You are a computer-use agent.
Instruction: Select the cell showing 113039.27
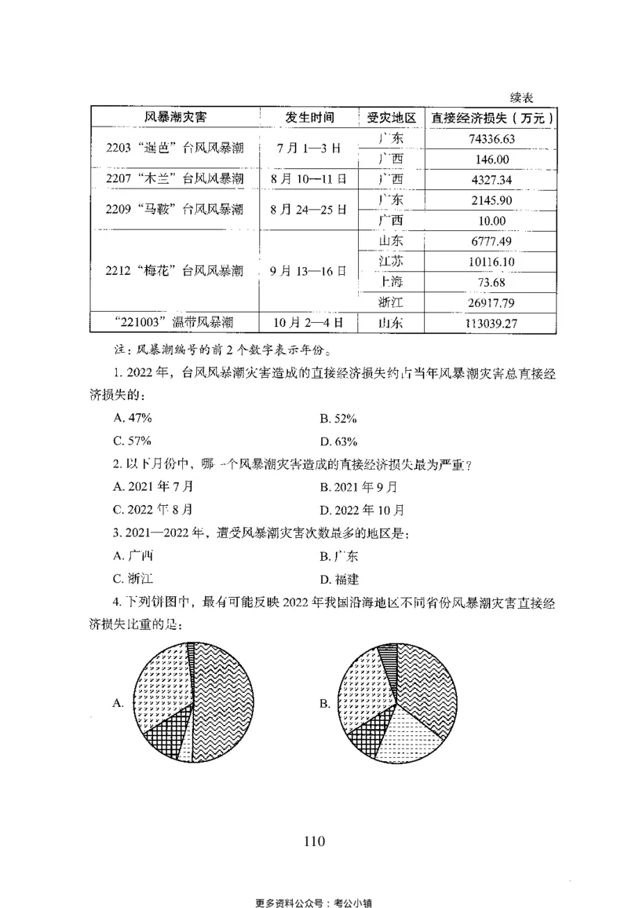(x=490, y=322)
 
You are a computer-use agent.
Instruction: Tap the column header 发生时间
(x=309, y=118)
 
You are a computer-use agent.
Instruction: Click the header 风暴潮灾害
(x=174, y=118)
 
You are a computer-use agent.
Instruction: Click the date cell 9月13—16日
(x=309, y=271)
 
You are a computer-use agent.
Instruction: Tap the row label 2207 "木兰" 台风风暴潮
(x=174, y=180)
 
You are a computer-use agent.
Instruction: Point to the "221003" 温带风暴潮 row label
(x=174, y=322)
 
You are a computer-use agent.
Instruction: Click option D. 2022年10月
(x=362, y=509)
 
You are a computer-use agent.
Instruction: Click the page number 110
(x=313, y=842)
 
